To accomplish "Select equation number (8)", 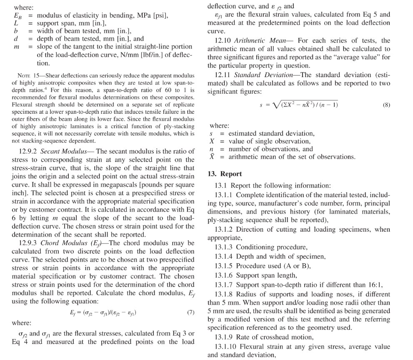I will [x=386, y=105].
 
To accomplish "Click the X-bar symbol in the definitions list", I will [x=212, y=157].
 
